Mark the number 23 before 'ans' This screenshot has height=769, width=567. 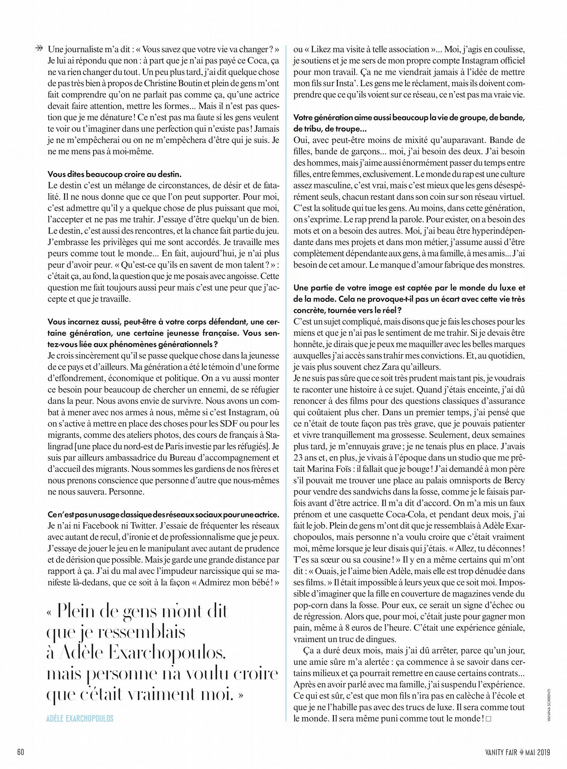point(299,458)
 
